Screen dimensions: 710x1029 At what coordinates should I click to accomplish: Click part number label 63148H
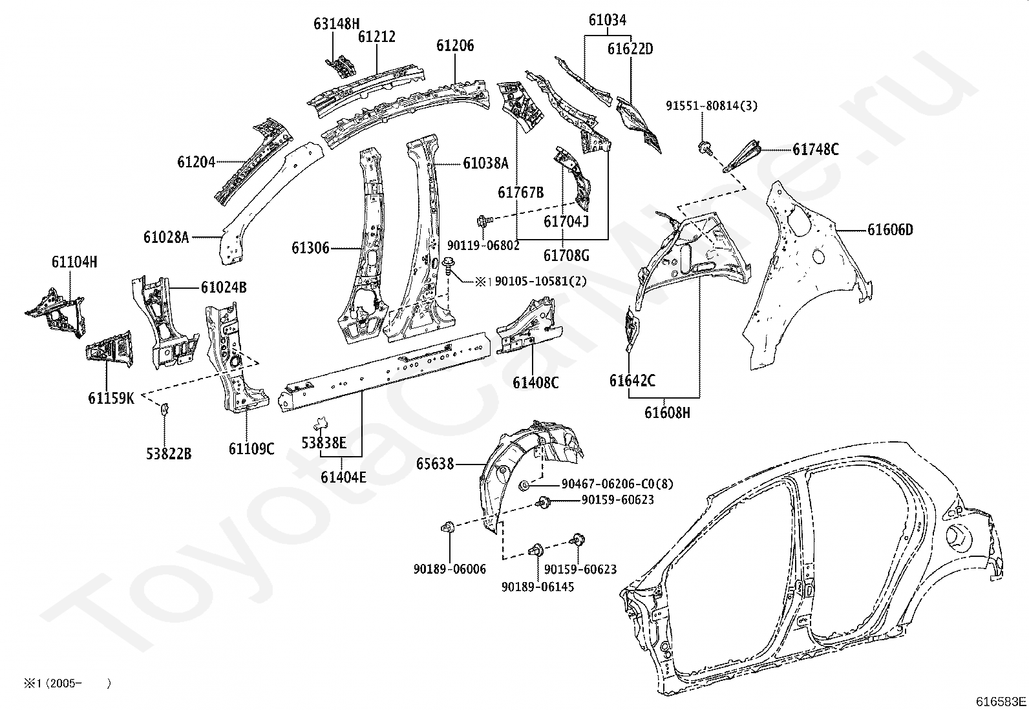[336, 25]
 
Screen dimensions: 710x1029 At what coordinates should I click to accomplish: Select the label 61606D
[890, 230]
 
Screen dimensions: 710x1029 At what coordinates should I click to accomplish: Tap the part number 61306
[310, 248]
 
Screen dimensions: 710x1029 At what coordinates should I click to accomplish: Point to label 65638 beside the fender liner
[434, 464]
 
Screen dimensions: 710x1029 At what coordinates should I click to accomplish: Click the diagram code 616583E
[1001, 702]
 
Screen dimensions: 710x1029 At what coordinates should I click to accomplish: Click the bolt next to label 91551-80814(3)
[705, 148]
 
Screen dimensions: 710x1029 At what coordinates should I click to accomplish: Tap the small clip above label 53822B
[164, 408]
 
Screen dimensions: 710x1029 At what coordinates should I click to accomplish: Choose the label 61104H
[74, 262]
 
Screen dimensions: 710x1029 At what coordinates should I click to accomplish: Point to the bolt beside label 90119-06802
[483, 222]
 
